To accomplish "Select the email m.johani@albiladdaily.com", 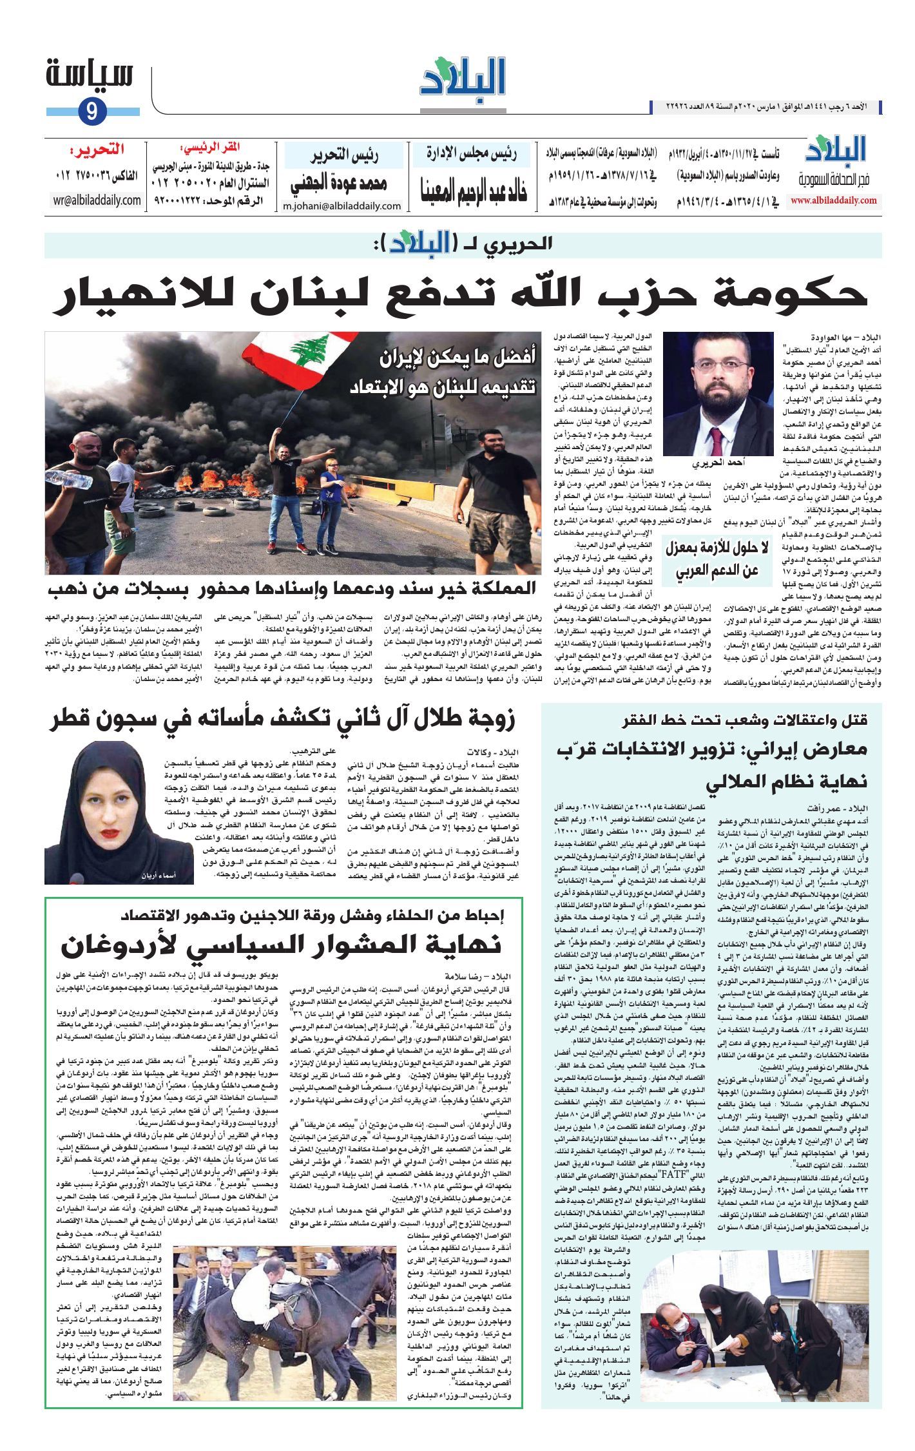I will tap(342, 206).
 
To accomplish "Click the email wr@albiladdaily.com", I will tap(97, 200).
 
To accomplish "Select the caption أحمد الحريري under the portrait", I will tap(718, 463).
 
